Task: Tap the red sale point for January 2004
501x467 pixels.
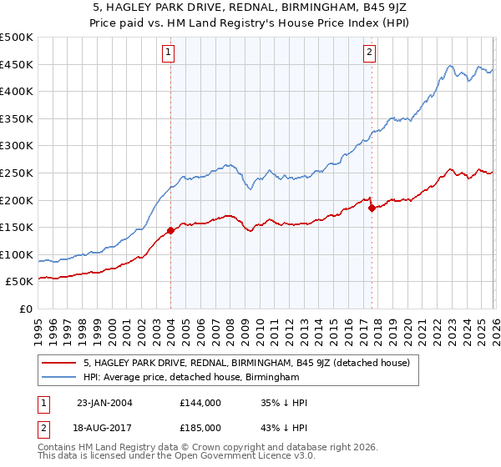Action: [x=171, y=230]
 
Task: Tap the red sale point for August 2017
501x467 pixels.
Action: [x=372, y=208]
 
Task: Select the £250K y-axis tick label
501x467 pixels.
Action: [x=17, y=173]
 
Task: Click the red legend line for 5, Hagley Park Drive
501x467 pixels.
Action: [x=59, y=363]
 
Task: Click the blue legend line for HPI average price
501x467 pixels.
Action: [x=59, y=378]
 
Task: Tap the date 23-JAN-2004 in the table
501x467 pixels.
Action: [x=105, y=402]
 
